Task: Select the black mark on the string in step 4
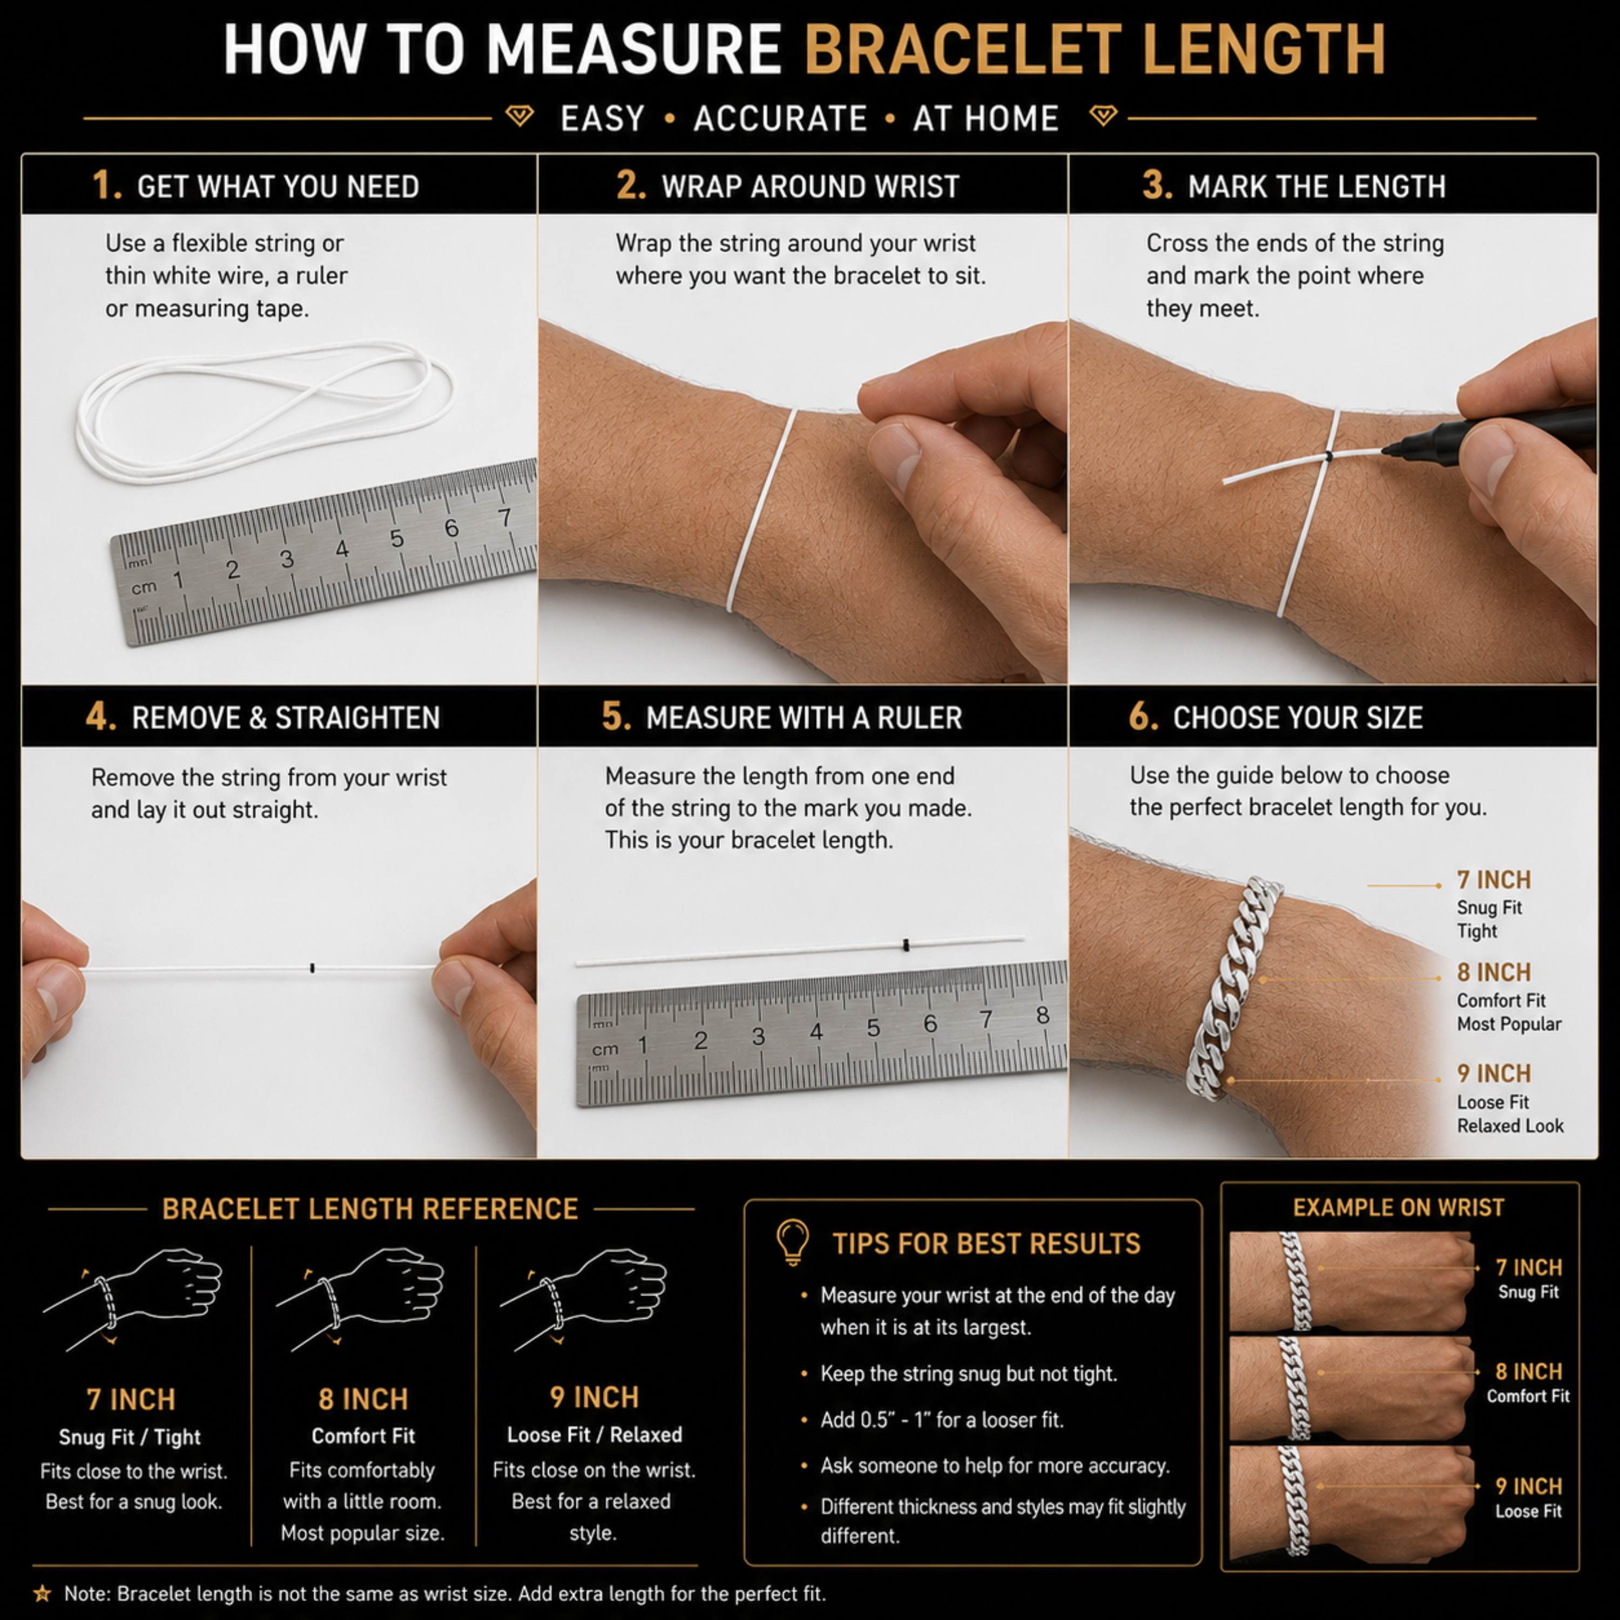313,968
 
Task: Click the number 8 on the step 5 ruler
1042,1015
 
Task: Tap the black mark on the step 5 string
906,945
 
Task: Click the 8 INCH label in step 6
1494,973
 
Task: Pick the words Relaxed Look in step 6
1510,1125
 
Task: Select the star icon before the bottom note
42,1592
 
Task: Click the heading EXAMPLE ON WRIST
1399,1207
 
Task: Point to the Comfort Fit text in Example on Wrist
1528,1396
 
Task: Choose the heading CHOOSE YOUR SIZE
1298,718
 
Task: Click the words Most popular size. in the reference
363,1533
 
